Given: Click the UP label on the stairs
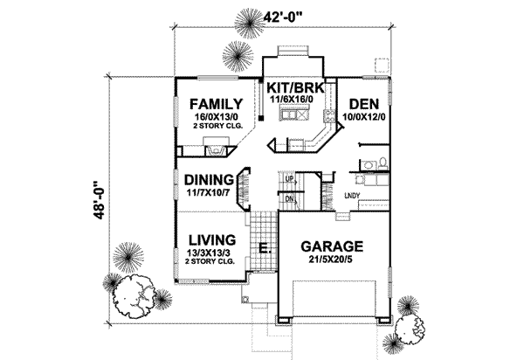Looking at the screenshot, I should point(289,179).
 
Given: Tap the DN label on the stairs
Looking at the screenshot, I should point(289,198).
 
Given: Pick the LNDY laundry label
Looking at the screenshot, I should point(352,195).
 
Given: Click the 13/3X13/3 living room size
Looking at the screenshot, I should point(208,253).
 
